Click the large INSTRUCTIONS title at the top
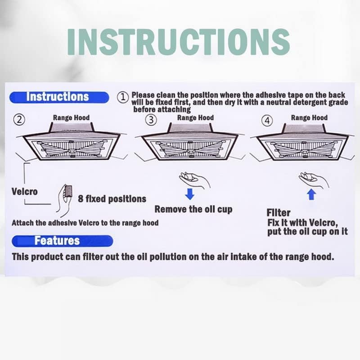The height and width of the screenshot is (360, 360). click(178, 41)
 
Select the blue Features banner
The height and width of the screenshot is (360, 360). click(62, 240)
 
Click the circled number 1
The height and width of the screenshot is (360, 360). click(122, 96)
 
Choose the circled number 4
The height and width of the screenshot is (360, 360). click(268, 120)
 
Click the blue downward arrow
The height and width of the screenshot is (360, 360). click(190, 194)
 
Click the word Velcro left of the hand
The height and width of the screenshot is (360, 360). click(25, 192)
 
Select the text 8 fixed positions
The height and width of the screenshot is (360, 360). click(112, 198)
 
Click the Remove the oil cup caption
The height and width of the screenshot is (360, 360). click(193, 209)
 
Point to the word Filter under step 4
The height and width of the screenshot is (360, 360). click(279, 212)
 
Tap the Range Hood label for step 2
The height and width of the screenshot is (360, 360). click(71, 118)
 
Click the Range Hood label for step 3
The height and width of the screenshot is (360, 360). click(195, 118)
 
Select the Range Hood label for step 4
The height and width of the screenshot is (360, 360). click(309, 118)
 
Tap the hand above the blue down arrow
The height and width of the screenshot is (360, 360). click(194, 180)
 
